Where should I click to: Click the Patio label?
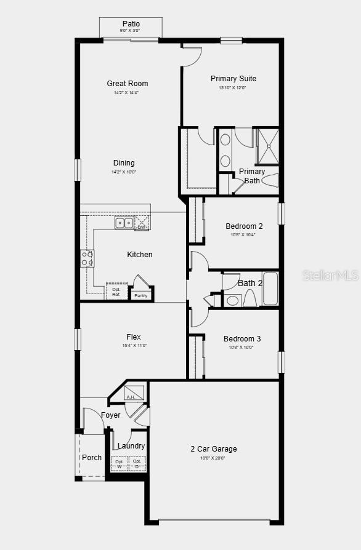pos(131,24)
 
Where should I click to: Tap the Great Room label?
pos(127,84)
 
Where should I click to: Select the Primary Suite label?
pos(233,79)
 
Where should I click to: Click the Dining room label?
pos(123,163)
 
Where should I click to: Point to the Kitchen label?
pos(140,255)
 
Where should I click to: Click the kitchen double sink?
pos(124,223)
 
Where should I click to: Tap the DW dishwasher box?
pos(142,224)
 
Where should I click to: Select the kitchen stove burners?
pos(87,258)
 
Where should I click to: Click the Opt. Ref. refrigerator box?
pos(116,291)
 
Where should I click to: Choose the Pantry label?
pos(141,296)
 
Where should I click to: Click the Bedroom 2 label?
pos(244,226)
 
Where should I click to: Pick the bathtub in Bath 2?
pos(270,289)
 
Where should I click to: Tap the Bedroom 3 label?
pos(242,339)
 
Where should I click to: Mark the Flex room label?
pos(134,337)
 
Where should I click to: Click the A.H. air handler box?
pos(135,393)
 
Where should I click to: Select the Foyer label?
pos(111,415)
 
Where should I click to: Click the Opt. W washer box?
pos(119,463)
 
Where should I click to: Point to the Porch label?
pos(92,458)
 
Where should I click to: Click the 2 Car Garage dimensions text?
pos(213,458)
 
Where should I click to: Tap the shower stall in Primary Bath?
pos(267,146)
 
